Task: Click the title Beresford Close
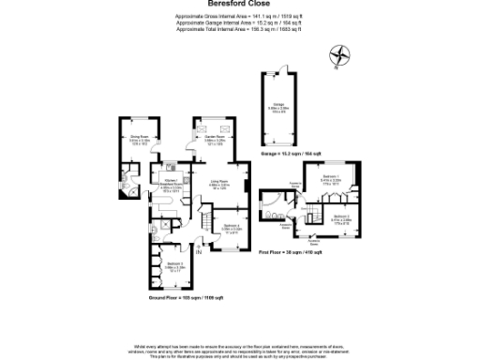pos(240,4)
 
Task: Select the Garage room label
pos(279,105)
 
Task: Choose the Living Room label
pos(220,184)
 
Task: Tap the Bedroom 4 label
pos(233,227)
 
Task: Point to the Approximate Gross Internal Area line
pos(240,17)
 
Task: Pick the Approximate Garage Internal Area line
pos(240,23)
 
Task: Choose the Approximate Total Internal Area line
pos(240,29)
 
